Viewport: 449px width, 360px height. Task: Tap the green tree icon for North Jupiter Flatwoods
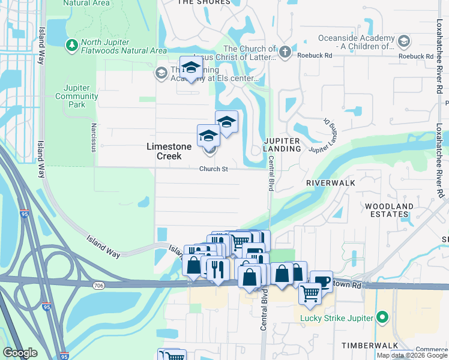[x=71, y=44]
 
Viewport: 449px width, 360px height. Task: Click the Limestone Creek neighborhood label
[x=169, y=151]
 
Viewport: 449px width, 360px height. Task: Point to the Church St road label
[x=214, y=169]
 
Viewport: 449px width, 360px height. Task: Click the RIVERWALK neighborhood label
[x=331, y=182]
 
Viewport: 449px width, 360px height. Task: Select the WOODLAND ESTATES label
[x=389, y=211]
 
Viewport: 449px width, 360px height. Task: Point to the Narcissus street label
[x=94, y=137]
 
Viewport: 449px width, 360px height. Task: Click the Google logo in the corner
[x=20, y=353]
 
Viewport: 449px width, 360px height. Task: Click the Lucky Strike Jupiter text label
[x=337, y=317]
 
